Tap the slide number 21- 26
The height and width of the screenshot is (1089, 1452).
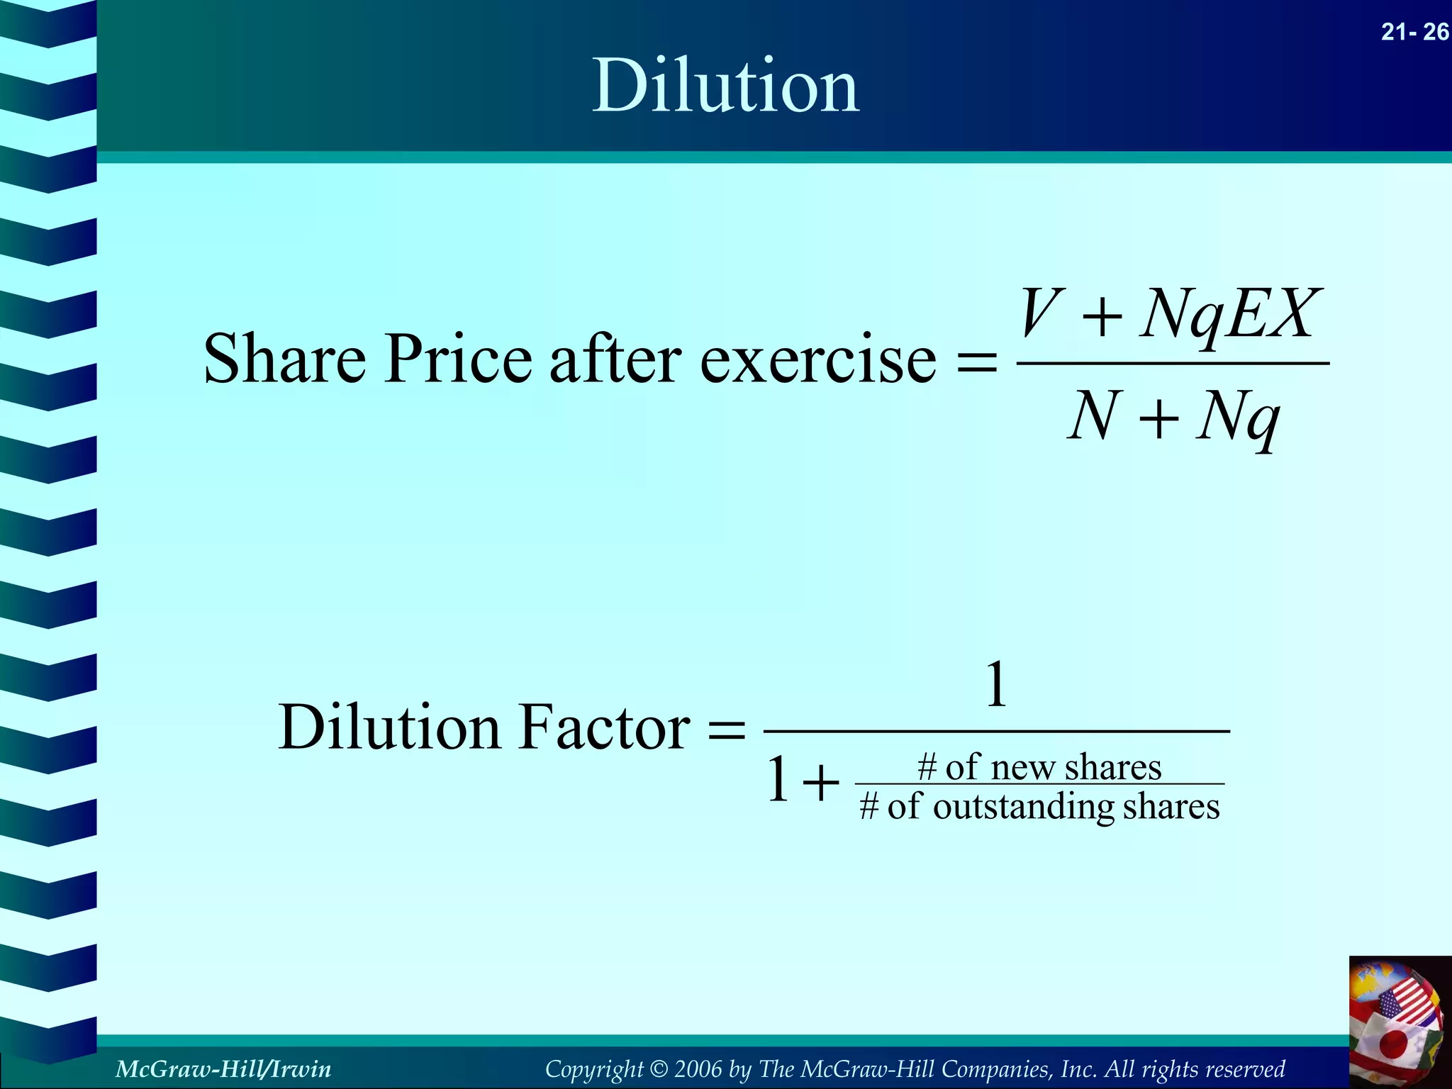click(1414, 32)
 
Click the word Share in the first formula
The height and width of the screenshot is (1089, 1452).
click(284, 359)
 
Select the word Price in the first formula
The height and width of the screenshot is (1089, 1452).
click(458, 359)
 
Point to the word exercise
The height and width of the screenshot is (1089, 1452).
click(818, 360)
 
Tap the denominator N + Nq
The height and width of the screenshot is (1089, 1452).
click(1173, 418)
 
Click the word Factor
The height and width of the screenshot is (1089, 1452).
click(604, 727)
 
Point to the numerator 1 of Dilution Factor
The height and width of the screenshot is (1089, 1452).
click(997, 685)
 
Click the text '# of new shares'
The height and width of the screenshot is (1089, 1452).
click(1039, 767)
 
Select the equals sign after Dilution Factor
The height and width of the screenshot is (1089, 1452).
click(727, 730)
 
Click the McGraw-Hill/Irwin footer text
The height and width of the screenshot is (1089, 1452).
click(223, 1068)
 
